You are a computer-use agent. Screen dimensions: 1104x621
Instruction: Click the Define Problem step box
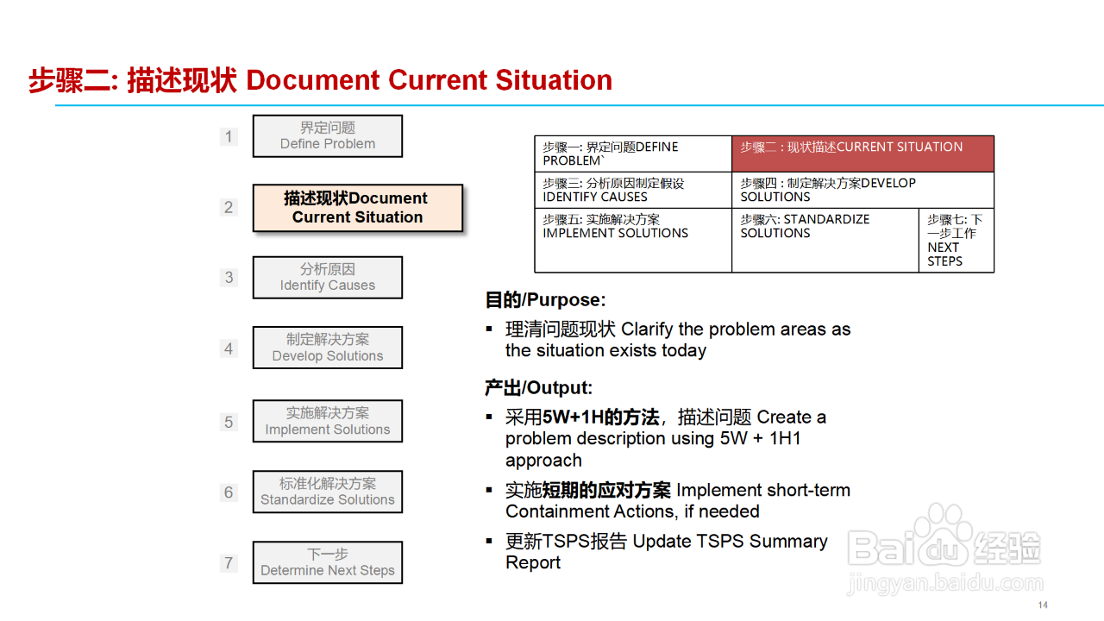pyautogui.click(x=327, y=136)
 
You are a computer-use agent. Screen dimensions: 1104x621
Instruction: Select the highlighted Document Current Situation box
pyautogui.click(x=358, y=208)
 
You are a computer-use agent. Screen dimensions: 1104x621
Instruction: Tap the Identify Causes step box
pyautogui.click(x=327, y=278)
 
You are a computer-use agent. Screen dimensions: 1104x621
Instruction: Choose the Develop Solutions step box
pyautogui.click(x=327, y=348)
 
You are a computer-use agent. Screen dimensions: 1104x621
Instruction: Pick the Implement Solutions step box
pyautogui.click(x=327, y=421)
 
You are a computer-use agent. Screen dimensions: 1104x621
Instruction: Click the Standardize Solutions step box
pyautogui.click(x=327, y=492)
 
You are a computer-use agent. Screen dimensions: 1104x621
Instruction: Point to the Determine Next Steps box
pyautogui.click(x=327, y=562)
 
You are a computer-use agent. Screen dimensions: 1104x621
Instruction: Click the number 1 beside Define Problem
pyautogui.click(x=229, y=136)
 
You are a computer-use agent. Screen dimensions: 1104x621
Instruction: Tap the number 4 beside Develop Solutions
pyautogui.click(x=229, y=348)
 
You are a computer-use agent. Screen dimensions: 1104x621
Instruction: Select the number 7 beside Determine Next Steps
pyautogui.click(x=229, y=563)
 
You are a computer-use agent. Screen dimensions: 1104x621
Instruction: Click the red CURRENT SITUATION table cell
pyautogui.click(x=862, y=154)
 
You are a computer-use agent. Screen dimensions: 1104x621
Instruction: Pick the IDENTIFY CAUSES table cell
pyautogui.click(x=633, y=191)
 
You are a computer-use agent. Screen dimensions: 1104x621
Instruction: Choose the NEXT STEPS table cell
pyautogui.click(x=957, y=241)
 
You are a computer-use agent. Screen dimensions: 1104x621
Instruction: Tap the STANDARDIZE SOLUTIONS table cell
pyautogui.click(x=825, y=241)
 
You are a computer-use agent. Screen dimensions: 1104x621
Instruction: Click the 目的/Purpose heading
pyautogui.click(x=545, y=299)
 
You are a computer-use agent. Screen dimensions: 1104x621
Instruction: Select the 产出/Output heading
pyautogui.click(x=538, y=388)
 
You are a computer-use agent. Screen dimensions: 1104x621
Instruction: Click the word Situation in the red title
pyautogui.click(x=554, y=80)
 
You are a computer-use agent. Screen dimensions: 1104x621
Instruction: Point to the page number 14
pyautogui.click(x=1043, y=605)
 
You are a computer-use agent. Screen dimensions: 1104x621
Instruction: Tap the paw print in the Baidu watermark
pyautogui.click(x=943, y=533)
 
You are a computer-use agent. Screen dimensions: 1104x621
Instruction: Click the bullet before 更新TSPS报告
pyautogui.click(x=489, y=541)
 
